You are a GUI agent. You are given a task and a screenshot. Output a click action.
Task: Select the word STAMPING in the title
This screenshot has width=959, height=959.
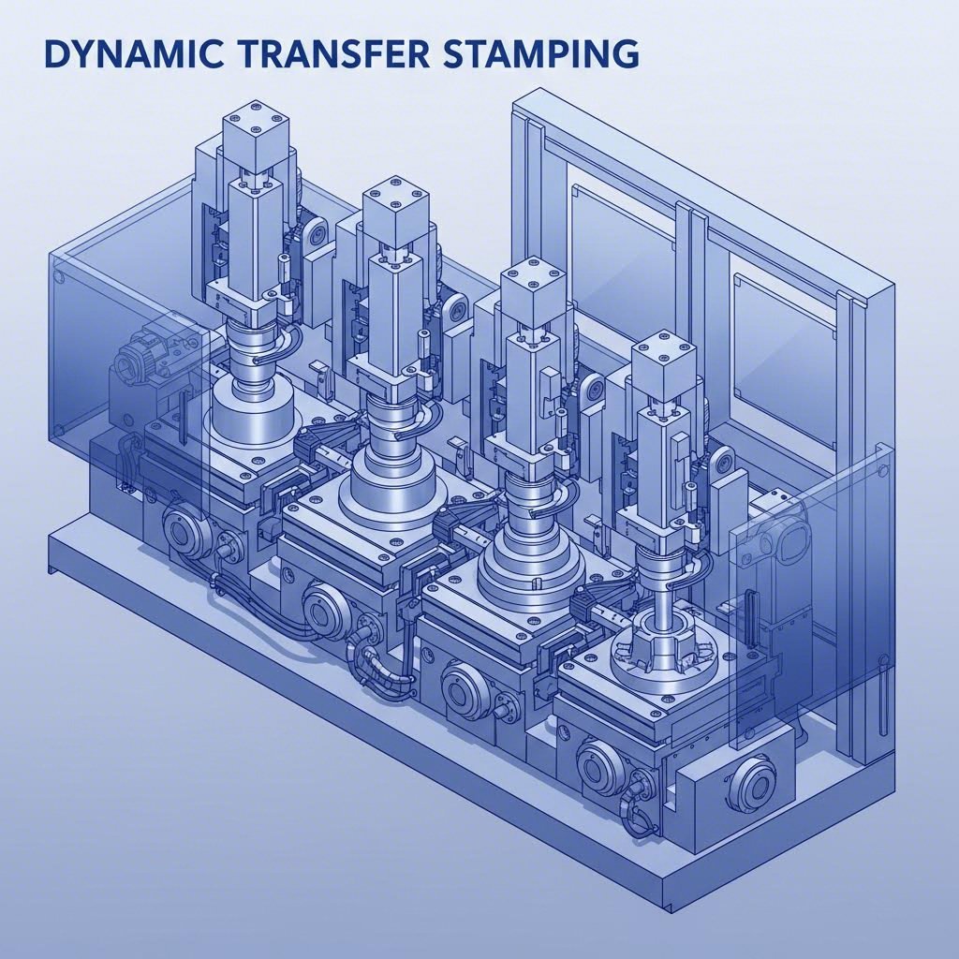point(528,54)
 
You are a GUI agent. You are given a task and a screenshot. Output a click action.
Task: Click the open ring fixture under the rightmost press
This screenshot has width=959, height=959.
point(667,646)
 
